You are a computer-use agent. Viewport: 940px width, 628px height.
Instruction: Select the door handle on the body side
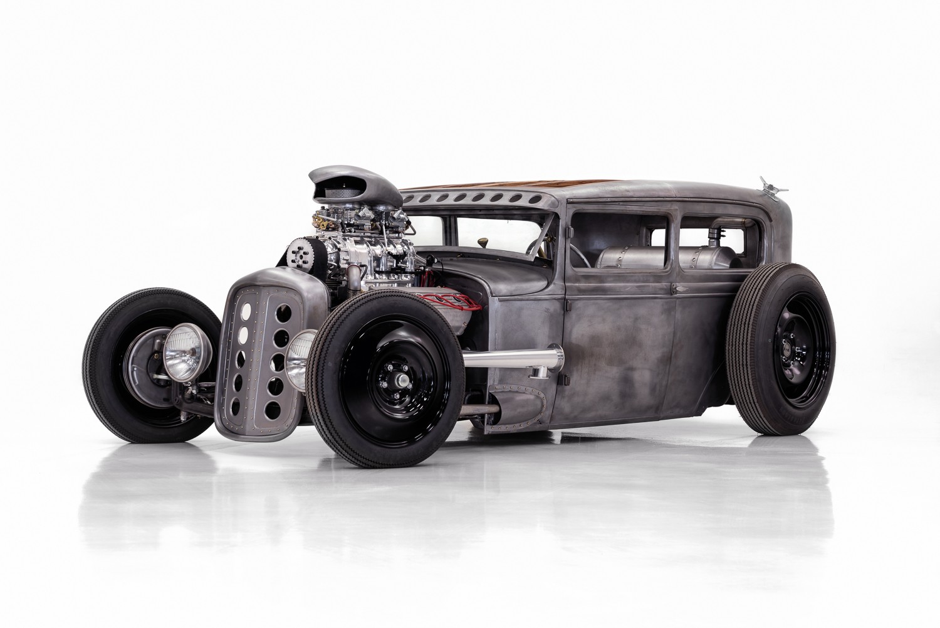681,289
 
